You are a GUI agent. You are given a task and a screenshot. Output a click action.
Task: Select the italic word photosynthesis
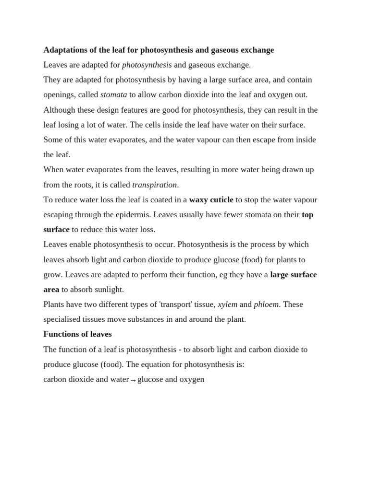[147, 65]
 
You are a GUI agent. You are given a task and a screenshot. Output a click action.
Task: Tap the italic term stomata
[113, 95]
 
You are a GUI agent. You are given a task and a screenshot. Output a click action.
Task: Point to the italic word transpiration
[155, 185]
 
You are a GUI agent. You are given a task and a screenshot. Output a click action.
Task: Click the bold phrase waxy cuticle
[211, 199]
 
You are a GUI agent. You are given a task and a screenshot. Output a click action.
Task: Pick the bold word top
[307, 215]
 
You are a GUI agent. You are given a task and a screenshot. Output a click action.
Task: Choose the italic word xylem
[228, 304]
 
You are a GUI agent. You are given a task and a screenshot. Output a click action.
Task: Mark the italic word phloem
[266, 304]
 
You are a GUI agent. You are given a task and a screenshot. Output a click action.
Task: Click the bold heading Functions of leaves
[77, 334]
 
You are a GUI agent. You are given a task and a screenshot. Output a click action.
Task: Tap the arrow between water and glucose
[133, 380]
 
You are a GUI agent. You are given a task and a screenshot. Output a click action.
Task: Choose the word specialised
[61, 319]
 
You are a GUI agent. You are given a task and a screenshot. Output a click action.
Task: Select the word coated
[158, 199]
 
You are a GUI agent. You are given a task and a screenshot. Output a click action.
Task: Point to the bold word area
[51, 290]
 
